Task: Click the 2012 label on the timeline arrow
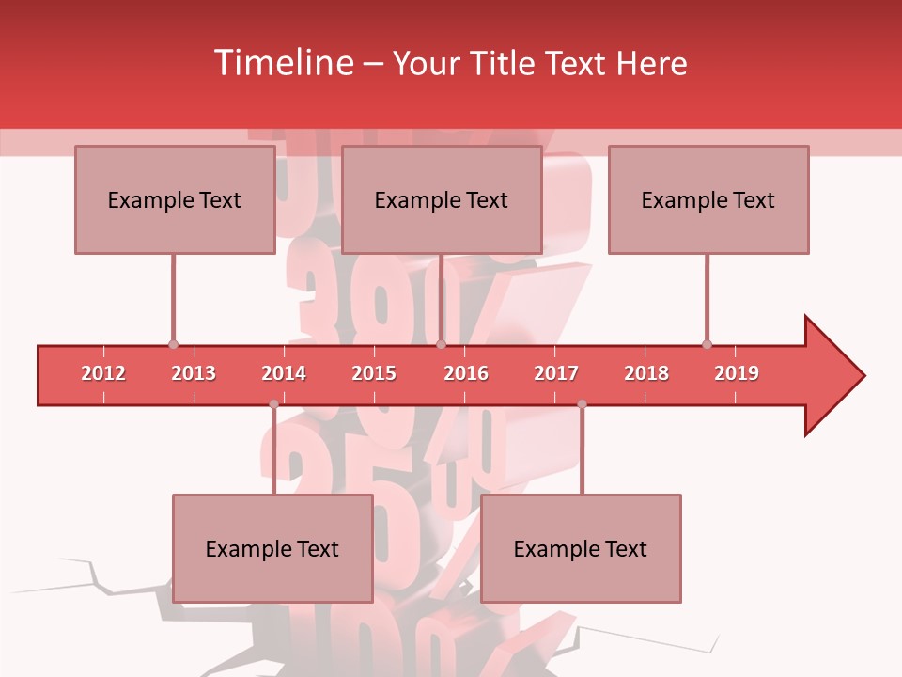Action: coord(103,373)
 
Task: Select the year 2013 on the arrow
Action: coord(194,373)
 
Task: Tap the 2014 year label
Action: coord(284,373)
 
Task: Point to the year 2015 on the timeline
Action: coord(374,373)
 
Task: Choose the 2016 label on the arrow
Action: coord(466,373)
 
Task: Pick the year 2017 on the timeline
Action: coord(556,373)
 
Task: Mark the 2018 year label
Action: coord(646,373)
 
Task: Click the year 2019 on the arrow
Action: coord(737,373)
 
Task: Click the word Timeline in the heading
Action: coord(281,63)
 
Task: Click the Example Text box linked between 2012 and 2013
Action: coord(174,199)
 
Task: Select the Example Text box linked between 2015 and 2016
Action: coord(441,199)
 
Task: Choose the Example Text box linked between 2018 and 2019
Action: coord(708,199)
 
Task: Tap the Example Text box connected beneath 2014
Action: coord(272,548)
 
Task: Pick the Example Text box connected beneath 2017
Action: coord(581,548)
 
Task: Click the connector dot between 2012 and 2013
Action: coord(173,344)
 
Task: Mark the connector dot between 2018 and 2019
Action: coord(707,344)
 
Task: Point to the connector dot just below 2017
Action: coord(582,404)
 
